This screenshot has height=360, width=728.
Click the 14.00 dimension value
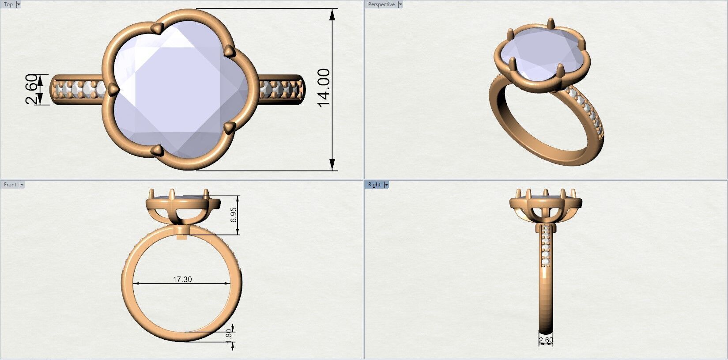pos(324,87)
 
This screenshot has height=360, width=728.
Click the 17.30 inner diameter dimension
pos(182,279)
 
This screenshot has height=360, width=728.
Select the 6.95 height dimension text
pos(234,215)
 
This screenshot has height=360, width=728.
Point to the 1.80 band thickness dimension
pos(228,334)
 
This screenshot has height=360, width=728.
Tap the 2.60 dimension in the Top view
pos(31,89)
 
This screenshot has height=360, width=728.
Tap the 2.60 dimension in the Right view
pos(546,340)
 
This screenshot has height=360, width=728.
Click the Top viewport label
pos(8,4)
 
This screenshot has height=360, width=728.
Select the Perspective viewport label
pos(381,4)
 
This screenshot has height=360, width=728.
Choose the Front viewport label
pos(10,185)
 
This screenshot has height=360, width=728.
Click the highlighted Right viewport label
pos(374,185)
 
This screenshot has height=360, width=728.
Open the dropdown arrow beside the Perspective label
pos(400,4)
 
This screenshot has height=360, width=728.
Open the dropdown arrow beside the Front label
pos(22,185)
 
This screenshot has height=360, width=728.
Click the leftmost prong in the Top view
pos(114,89)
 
